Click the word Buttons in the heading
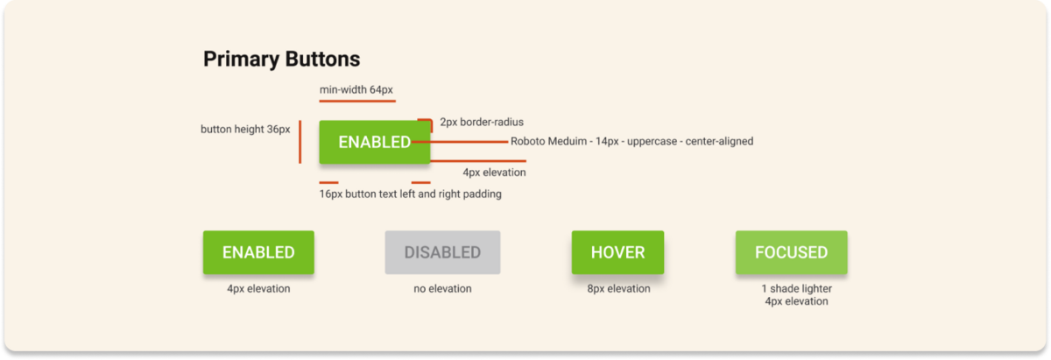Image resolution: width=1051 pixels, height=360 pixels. pos(322,60)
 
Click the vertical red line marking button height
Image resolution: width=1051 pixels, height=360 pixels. pos(300,142)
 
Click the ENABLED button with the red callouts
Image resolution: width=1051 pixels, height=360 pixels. pos(375,142)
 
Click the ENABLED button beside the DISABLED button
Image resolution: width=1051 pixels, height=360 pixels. pos(258,252)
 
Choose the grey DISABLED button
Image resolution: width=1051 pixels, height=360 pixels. pos(442,252)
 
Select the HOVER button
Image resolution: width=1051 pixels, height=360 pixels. pos(617,252)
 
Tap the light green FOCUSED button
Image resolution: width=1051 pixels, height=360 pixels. pos(791,252)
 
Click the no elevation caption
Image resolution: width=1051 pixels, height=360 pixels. pos(442,289)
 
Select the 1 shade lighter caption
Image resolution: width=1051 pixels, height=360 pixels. pos(796,289)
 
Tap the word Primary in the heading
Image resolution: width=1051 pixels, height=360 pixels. pos(241,60)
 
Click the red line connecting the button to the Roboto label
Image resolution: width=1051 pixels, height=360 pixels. pos(460,141)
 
